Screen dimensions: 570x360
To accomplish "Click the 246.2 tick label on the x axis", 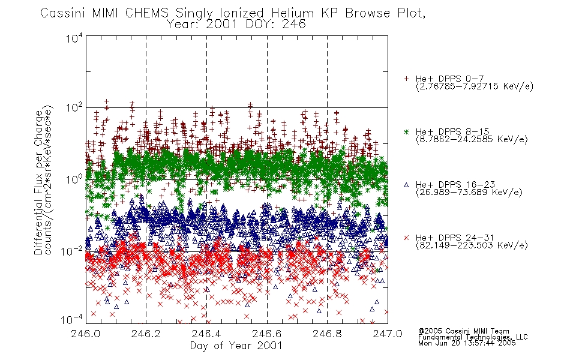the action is point(146,334).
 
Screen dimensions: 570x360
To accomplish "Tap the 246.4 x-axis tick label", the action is point(206,334).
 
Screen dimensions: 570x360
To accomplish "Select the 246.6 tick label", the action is point(267,334).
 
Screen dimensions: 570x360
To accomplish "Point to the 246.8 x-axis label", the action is point(327,334).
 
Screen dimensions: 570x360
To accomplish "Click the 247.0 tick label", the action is point(388,334).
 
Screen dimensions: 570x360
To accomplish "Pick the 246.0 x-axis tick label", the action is point(85,334).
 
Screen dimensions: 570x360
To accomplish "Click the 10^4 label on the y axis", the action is point(74,38).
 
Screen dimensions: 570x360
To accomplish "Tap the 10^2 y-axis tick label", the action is point(74,108).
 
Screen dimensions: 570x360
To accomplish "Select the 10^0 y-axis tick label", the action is point(74,179).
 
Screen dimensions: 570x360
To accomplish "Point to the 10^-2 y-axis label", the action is point(72,251).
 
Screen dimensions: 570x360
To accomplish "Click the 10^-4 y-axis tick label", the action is point(72,320).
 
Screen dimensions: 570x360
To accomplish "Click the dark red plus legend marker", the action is point(406,79).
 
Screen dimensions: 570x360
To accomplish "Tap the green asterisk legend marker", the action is point(406,131).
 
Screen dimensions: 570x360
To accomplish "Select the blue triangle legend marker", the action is point(406,185).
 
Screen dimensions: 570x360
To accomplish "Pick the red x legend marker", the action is point(406,238).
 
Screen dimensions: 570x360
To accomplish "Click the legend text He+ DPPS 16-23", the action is point(455,185).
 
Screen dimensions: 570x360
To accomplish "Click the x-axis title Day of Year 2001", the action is point(236,346).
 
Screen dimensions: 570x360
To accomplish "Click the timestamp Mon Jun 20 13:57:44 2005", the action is point(467,343).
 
